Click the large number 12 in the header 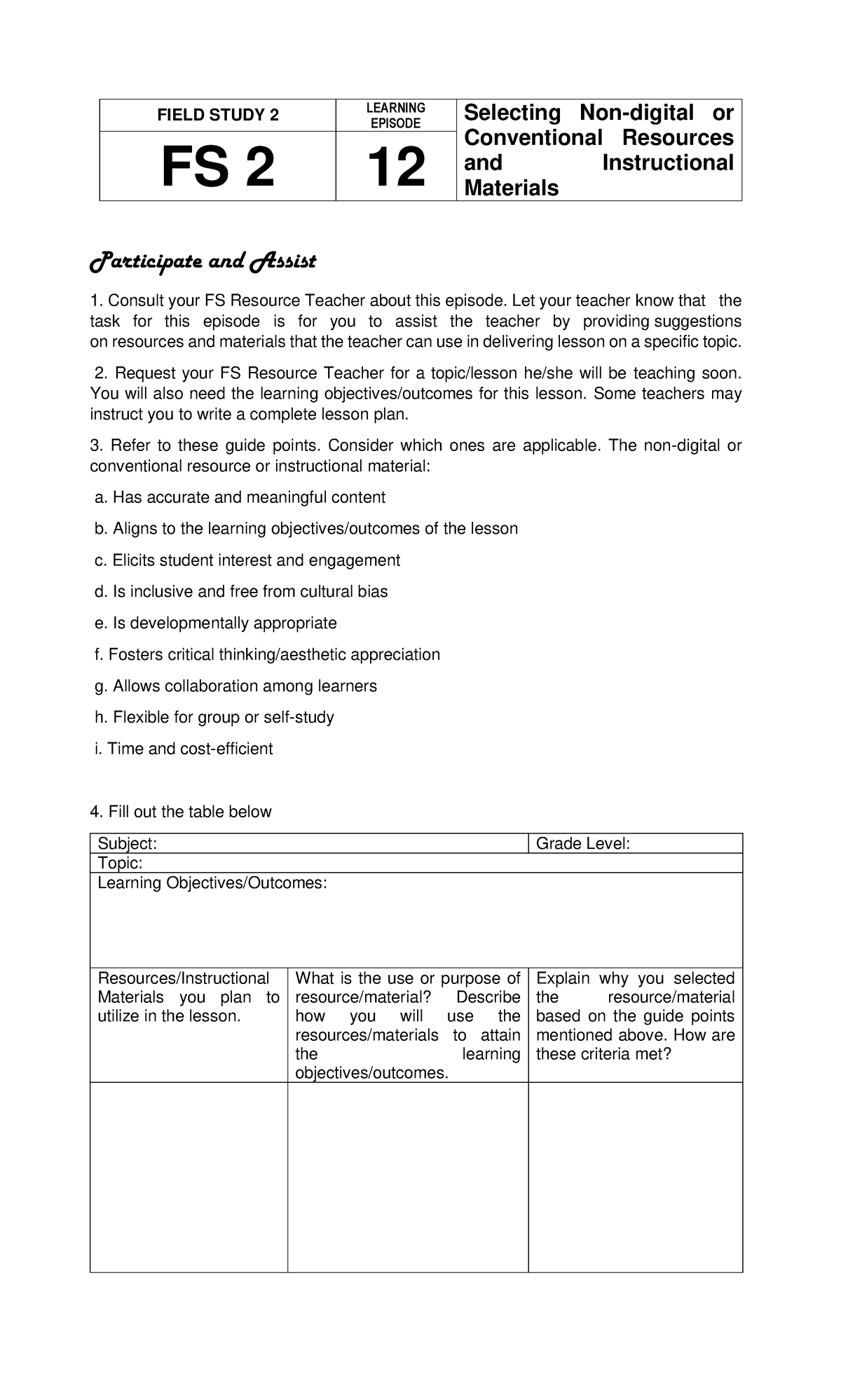396,167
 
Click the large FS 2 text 217,167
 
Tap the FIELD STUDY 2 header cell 217,116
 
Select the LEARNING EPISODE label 396,116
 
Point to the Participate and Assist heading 203,262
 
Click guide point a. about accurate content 240,497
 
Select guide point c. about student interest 247,560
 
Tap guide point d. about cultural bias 240,592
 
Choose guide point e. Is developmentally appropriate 215,623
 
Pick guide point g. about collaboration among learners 235,686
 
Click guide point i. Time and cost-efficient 183,749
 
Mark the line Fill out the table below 181,812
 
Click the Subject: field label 127,843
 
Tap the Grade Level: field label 582,843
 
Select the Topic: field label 120,863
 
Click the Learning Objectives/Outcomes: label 212,883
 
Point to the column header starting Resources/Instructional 184,978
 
